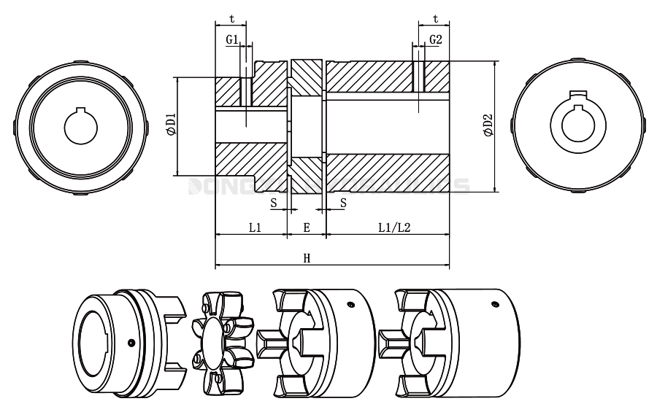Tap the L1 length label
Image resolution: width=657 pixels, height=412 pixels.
255,228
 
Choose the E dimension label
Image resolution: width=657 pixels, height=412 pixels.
307,228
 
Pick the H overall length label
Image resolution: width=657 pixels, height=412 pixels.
307,258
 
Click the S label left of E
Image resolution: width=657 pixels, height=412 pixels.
274,203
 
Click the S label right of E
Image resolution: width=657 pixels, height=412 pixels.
342,203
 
